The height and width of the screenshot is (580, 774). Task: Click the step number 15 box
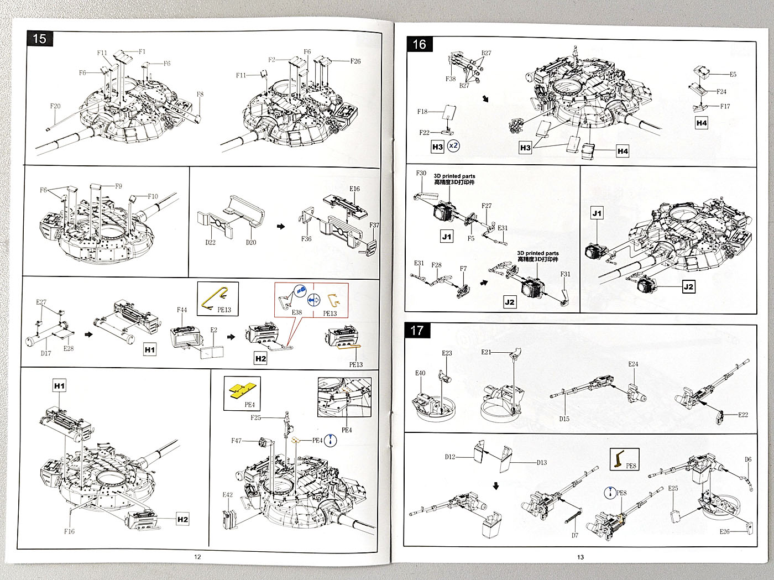click(x=39, y=39)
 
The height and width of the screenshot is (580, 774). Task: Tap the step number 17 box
click(x=417, y=331)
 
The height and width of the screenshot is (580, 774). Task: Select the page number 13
click(x=580, y=557)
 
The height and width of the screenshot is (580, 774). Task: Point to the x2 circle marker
click(x=453, y=146)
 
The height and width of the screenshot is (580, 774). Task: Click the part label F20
click(x=55, y=106)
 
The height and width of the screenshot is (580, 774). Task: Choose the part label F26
click(x=355, y=61)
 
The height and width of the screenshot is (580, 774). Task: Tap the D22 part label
click(x=211, y=242)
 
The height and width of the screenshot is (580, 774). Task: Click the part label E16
click(x=354, y=189)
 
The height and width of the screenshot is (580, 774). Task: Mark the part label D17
click(x=46, y=353)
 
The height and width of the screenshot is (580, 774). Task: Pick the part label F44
click(x=182, y=310)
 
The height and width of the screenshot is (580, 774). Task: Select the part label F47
click(x=236, y=441)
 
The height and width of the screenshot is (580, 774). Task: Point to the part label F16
click(x=69, y=531)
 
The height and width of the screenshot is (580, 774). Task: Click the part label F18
click(x=422, y=112)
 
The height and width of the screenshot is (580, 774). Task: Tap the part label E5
click(x=733, y=74)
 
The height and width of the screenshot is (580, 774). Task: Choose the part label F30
click(x=421, y=173)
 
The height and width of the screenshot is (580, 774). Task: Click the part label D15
click(x=564, y=419)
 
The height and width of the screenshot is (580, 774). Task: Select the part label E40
click(x=420, y=373)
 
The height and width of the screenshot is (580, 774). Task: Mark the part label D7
click(x=575, y=535)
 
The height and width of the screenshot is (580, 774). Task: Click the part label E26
click(x=724, y=531)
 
